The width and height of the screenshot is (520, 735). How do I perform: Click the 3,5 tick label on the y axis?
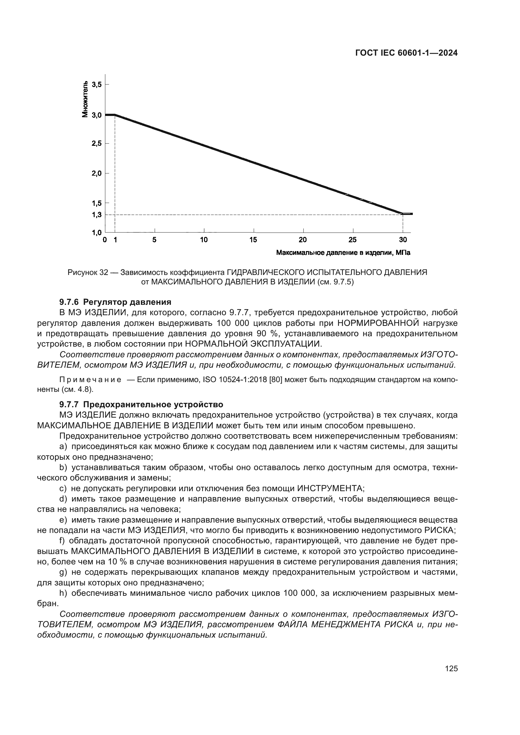click(97, 85)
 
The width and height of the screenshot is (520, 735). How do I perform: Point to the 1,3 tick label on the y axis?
click(97, 215)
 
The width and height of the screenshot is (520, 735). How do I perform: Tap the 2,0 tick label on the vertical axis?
click(97, 173)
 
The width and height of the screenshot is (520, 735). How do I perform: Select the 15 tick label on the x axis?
click(253, 240)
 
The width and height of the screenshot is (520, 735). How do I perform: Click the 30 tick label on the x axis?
click(403, 240)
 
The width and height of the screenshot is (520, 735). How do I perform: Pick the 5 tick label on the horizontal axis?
click(154, 240)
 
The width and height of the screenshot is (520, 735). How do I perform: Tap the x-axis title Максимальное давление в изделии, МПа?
click(343, 253)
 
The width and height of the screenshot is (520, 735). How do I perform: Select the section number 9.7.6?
click(69, 302)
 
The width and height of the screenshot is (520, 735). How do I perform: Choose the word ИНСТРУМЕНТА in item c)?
click(331, 489)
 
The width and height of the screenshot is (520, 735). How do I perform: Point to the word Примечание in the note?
click(90, 380)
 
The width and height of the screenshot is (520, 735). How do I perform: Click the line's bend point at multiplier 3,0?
click(115, 115)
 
